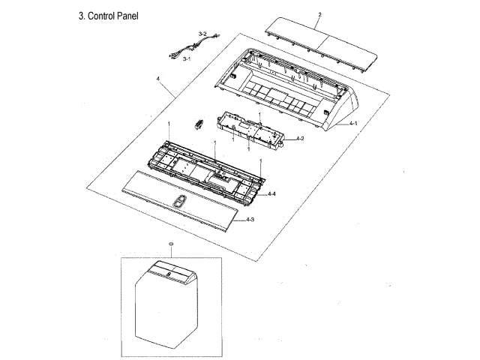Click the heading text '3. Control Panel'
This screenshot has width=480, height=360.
pyautogui.click(x=108, y=16)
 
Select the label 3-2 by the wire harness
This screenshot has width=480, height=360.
pyautogui.click(x=202, y=34)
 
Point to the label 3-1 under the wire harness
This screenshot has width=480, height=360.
pyautogui.click(x=186, y=58)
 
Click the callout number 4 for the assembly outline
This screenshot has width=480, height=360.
pyautogui.click(x=158, y=78)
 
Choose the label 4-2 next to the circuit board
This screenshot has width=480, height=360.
pyautogui.click(x=299, y=139)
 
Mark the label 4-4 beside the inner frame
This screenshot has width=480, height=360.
pyautogui.click(x=272, y=193)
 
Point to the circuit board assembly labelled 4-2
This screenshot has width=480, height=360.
pyautogui.click(x=252, y=128)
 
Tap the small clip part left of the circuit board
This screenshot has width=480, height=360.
pyautogui.click(x=199, y=124)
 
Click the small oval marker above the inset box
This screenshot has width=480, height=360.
pyautogui.click(x=171, y=244)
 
